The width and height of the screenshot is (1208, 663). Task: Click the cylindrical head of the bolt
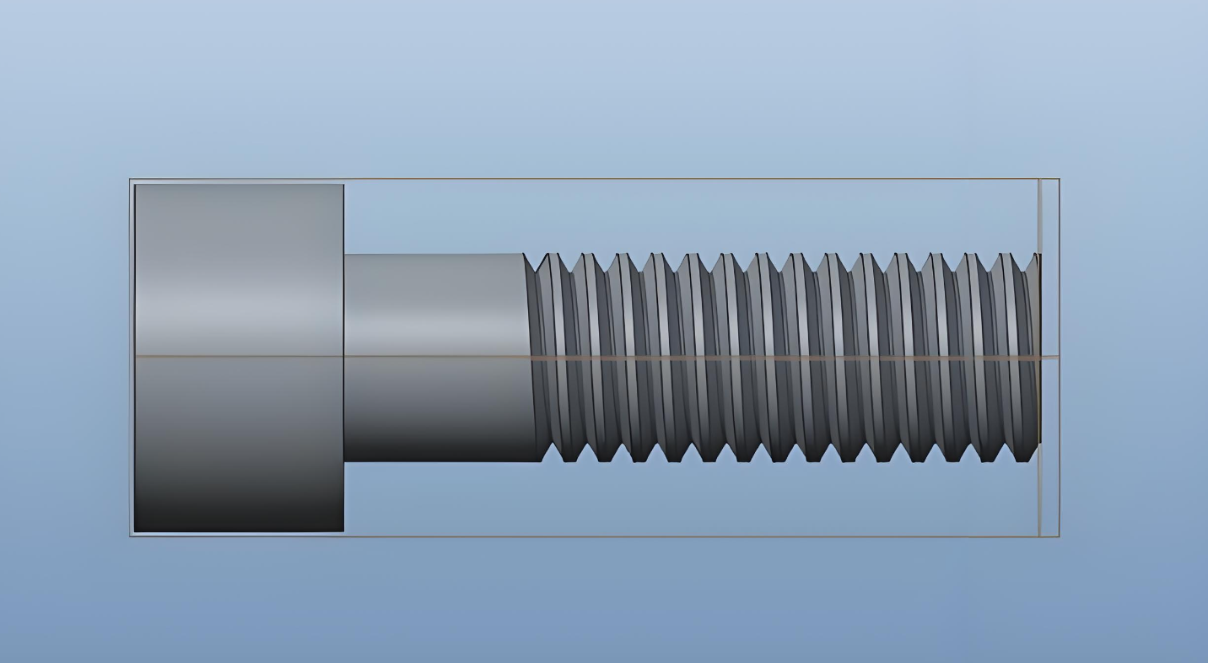coord(239,358)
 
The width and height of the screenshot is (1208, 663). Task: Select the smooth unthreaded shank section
coord(434,358)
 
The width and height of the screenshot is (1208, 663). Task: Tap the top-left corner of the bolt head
coord(136,185)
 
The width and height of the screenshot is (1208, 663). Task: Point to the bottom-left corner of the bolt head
coord(136,531)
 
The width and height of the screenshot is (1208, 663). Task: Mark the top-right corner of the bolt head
coord(342,185)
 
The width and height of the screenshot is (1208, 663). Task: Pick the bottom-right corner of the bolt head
coord(342,531)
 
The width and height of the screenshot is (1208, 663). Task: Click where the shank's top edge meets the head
coord(344,255)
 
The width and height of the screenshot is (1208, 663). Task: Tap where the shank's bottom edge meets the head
coord(344,461)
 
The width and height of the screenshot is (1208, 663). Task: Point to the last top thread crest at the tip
coord(1035,255)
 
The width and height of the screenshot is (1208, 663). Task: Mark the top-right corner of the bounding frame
coord(1059,179)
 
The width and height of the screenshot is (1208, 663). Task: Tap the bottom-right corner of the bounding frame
coord(1059,536)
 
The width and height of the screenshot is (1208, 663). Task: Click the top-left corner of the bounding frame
coord(130,179)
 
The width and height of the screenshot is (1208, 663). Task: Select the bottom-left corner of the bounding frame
coord(130,536)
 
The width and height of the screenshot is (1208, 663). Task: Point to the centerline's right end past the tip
coord(1058,358)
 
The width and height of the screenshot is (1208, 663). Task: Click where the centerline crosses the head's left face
coord(136,357)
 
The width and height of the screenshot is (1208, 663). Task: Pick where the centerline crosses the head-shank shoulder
coord(344,357)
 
